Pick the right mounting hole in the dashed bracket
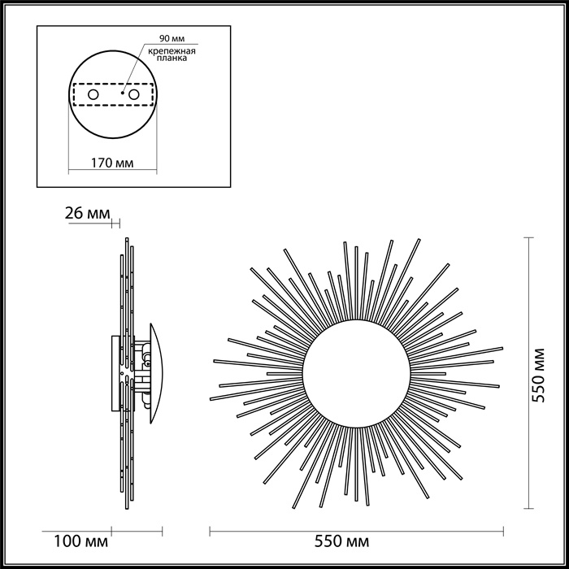(x=132, y=95)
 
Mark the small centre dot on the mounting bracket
(x=121, y=94)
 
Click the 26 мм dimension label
(x=85, y=213)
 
